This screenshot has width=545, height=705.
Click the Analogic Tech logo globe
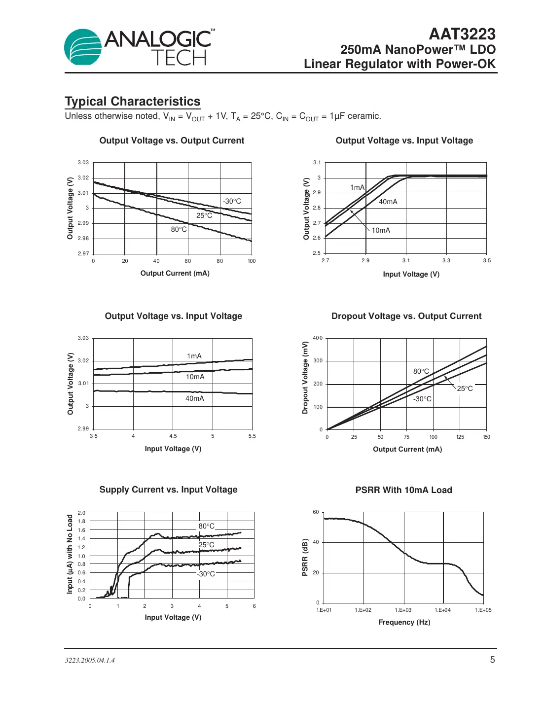tap(82, 47)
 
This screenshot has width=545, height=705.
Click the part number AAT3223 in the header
tap(462, 34)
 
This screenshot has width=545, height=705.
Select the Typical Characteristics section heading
tap(133, 102)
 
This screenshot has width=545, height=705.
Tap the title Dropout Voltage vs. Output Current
tap(406, 316)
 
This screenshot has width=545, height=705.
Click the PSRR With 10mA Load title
tap(403, 490)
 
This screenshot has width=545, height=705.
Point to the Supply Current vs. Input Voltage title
tap(168, 490)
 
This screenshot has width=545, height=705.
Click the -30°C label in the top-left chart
tap(232, 201)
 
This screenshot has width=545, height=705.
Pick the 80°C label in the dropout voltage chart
tap(421, 371)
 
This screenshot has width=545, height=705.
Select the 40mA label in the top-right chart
tap(388, 202)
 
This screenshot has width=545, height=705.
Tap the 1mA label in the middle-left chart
tap(194, 356)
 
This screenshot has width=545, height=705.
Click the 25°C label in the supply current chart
tap(206, 545)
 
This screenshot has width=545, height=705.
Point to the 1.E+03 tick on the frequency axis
tap(403, 610)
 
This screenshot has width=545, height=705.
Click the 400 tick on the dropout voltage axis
tap(318, 338)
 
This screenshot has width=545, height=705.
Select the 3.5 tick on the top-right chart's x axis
tap(487, 261)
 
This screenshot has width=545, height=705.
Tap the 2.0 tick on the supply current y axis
tap(81, 513)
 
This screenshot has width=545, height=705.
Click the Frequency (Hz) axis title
tap(404, 622)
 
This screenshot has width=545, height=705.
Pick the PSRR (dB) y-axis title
tap(305, 557)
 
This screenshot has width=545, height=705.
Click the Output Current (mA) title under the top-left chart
tap(175, 273)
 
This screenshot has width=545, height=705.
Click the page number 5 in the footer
tap(492, 660)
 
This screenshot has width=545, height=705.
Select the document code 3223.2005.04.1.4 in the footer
tap(90, 660)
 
